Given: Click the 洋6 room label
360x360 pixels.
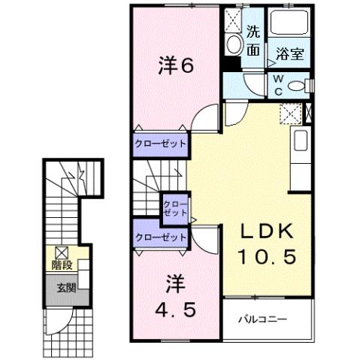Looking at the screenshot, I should [177, 66].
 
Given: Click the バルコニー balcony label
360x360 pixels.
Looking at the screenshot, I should [263, 319].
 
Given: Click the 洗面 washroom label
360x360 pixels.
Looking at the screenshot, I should [253, 41].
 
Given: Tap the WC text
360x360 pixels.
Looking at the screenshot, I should [277, 84].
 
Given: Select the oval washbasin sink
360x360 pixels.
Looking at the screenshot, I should [234, 44].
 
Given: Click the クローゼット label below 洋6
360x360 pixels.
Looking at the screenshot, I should [161, 143].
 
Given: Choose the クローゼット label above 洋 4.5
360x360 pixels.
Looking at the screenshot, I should [161, 237].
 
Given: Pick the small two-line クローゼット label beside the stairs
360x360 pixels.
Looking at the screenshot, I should [176, 207].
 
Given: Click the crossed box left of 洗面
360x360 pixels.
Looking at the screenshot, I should [232, 19].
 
